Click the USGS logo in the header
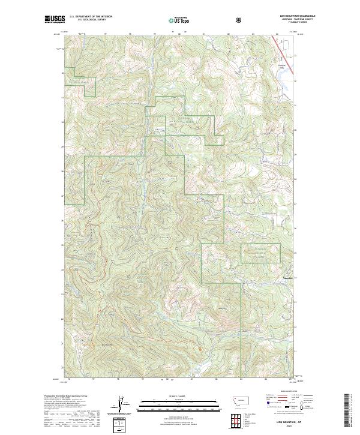[x=54, y=20]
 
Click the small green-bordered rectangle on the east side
[x=260, y=253]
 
